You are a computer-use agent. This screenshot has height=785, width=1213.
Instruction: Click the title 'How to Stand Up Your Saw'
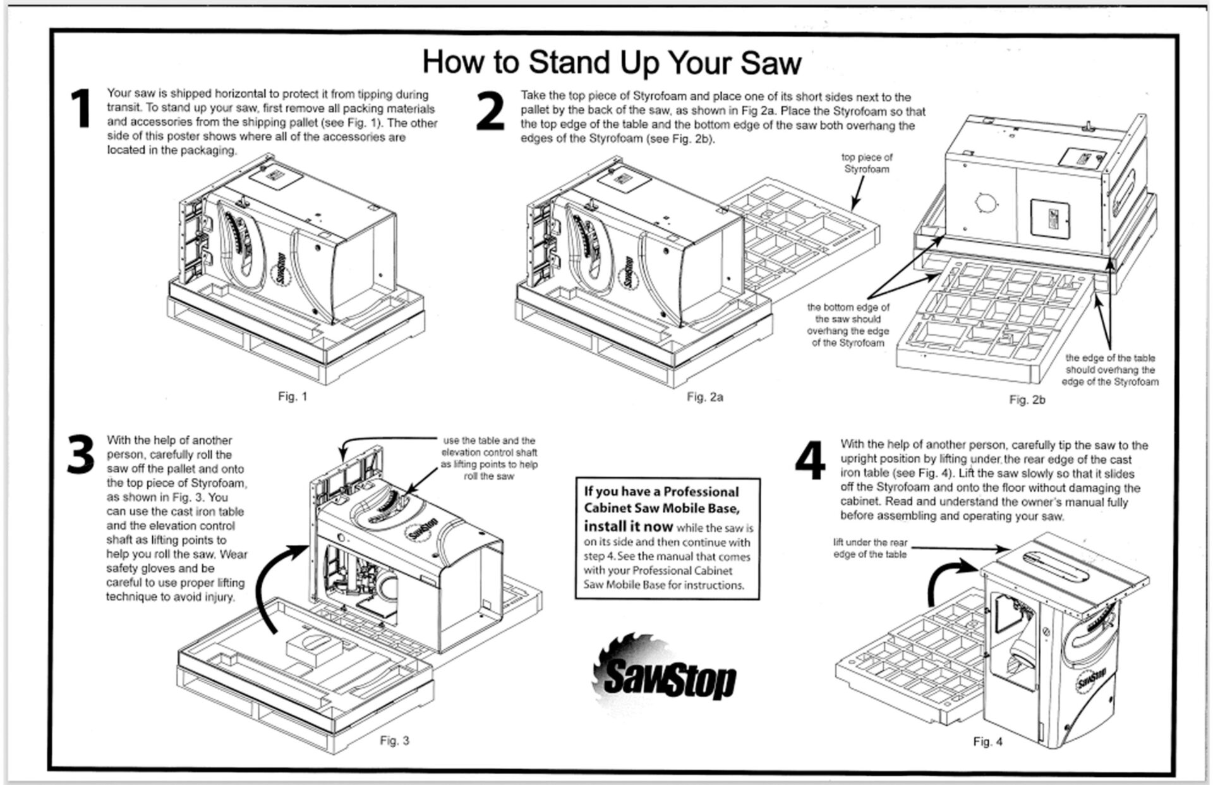pos(611,62)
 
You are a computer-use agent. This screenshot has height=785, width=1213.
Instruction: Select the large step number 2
pos(490,112)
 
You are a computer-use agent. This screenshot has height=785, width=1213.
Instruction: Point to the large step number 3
pos(81,455)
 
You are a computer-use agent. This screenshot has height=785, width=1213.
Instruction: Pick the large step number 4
pos(810,461)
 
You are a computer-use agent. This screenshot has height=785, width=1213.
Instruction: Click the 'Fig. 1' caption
pos(293,397)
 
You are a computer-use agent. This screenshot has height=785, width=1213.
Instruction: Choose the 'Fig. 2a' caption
pos(705,397)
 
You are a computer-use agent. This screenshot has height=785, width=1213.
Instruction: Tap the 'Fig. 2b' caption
pos(1027,399)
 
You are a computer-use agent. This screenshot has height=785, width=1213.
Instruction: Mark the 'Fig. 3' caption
pos(394,740)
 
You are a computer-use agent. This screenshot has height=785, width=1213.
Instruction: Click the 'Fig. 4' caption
pos(987,741)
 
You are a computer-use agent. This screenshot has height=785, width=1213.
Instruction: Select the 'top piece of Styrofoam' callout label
pos(867,163)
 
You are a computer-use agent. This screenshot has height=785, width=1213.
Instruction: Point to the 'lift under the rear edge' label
pos(870,548)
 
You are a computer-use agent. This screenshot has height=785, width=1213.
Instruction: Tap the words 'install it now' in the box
pos(628,526)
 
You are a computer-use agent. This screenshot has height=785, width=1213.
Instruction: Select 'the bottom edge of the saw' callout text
pos(848,325)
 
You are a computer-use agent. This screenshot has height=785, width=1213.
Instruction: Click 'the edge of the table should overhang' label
pos(1110,370)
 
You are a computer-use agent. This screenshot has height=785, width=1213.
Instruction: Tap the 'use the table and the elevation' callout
pos(489,458)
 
